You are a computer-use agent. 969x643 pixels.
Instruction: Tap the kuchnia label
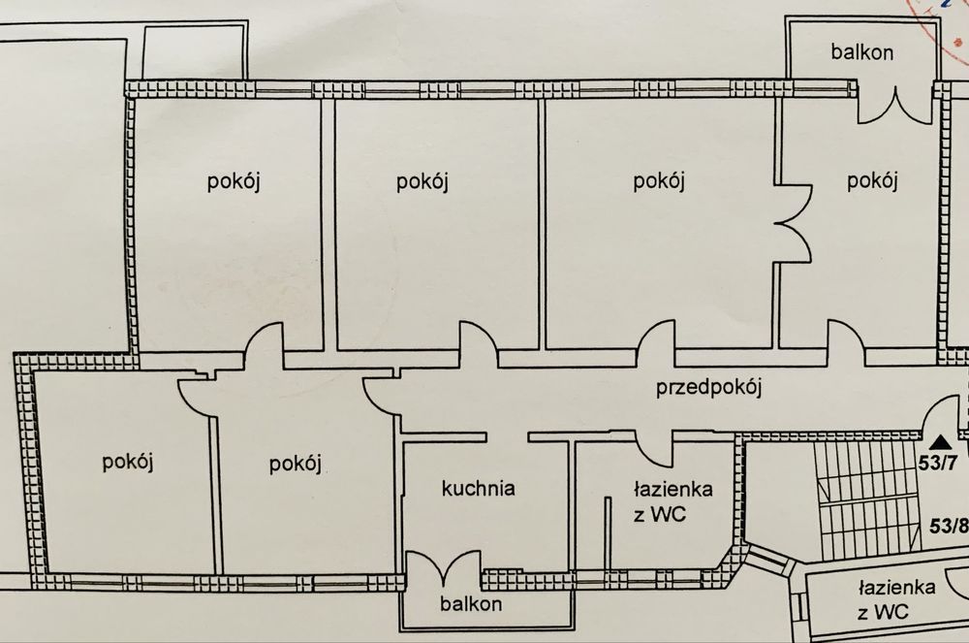coord(478,487)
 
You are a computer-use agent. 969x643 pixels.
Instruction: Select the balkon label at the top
coord(861,51)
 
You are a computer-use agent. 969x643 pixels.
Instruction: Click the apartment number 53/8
coord(948,527)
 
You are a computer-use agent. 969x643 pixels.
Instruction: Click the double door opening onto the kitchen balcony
coord(443,568)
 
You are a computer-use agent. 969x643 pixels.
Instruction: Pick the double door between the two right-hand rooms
coord(794,225)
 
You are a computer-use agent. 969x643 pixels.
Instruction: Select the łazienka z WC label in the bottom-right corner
coord(895,600)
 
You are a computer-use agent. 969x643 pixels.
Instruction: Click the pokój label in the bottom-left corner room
coord(129,461)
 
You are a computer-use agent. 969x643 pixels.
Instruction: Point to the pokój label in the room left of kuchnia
coord(294,463)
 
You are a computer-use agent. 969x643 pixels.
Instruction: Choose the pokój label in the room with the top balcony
coord(871,180)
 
